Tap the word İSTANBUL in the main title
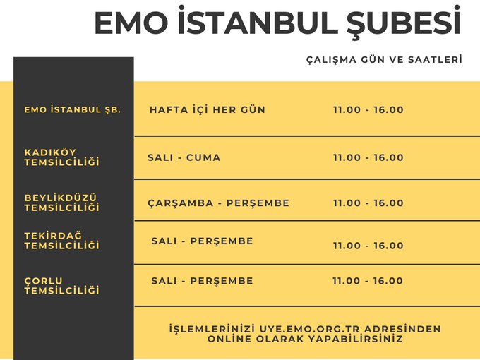(258, 20)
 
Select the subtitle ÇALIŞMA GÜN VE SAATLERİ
(384, 59)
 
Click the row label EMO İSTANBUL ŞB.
(73, 109)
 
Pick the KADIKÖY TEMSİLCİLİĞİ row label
(62, 157)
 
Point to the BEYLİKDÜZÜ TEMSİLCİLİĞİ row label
(62, 203)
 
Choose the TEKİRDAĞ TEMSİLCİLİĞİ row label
(62, 241)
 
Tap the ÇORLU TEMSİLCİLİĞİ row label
(62, 285)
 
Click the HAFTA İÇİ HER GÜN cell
(208, 109)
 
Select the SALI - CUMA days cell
(184, 157)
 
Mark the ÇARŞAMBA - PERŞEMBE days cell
(219, 203)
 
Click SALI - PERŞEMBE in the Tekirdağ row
(203, 241)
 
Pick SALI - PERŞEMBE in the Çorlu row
(203, 281)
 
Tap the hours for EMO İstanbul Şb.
(368, 109)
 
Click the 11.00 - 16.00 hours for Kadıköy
(368, 157)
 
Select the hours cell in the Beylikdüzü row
(368, 203)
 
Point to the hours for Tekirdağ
(368, 246)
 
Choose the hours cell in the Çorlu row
(368, 281)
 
